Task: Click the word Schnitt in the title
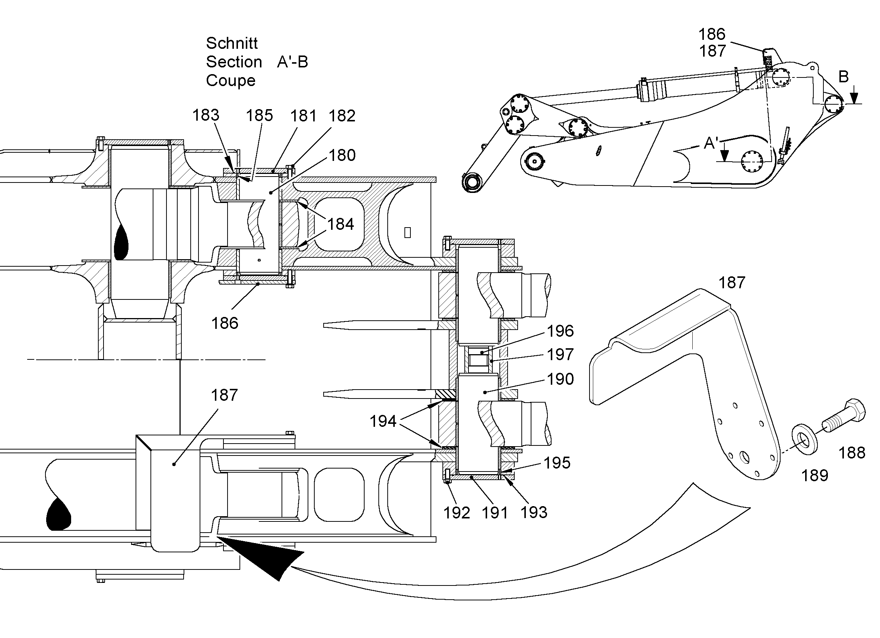click(232, 43)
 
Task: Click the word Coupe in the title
click(231, 81)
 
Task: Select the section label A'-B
click(293, 62)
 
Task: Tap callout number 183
click(206, 115)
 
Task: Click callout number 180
click(342, 155)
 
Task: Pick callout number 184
click(340, 224)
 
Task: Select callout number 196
click(560, 331)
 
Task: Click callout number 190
click(560, 379)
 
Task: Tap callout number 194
click(382, 421)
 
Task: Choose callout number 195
click(557, 463)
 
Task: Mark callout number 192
click(457, 512)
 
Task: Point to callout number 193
click(534, 512)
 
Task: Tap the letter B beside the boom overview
click(843, 77)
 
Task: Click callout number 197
click(560, 354)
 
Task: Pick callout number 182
click(342, 116)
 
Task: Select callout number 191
click(495, 512)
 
